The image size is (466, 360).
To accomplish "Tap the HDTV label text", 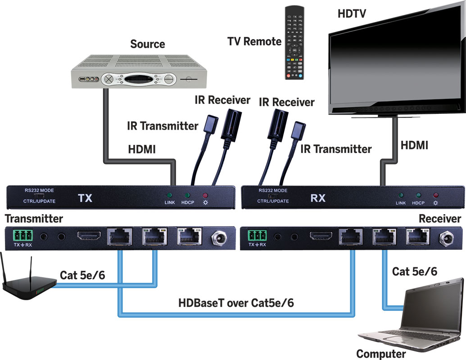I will pyautogui.click(x=352, y=13).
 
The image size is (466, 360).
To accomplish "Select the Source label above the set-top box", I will pyautogui.click(x=148, y=44).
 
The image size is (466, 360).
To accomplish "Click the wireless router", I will pyautogui.click(x=27, y=283).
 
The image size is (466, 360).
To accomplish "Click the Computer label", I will pyautogui.click(x=381, y=354).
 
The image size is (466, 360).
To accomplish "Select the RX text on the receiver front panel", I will pyautogui.click(x=318, y=198).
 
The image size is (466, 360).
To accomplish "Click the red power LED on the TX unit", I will pyautogui.click(x=206, y=196).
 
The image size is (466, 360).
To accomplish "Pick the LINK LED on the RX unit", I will pyautogui.click(x=400, y=195).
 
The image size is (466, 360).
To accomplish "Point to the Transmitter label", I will pyautogui.click(x=34, y=219).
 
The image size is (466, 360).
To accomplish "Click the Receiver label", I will pyautogui.click(x=439, y=219).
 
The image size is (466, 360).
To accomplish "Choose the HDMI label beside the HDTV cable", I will pyautogui.click(x=414, y=145).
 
